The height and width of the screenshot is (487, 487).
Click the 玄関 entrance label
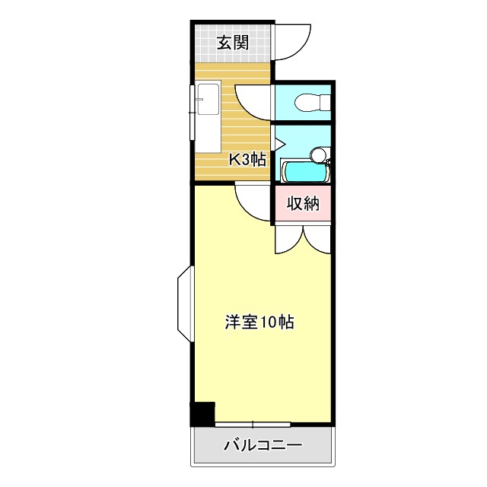[233, 43]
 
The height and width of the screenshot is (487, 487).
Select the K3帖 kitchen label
[248, 160]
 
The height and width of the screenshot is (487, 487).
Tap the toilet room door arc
[253, 103]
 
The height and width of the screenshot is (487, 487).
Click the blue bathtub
[305, 171]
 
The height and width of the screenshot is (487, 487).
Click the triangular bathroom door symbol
[279, 142]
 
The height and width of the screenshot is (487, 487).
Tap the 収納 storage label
[303, 204]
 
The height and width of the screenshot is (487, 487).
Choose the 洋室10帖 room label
[259, 322]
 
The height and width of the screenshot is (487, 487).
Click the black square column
[202, 414]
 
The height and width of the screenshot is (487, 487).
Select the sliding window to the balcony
[253, 423]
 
